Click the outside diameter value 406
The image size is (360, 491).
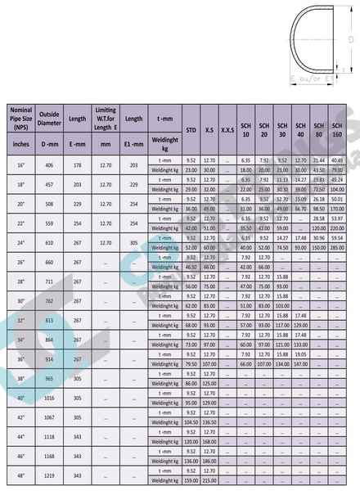(x=50, y=164)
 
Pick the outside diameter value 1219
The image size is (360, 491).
(x=50, y=475)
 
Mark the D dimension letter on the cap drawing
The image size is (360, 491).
(x=351, y=39)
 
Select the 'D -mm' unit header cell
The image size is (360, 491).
(x=50, y=144)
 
